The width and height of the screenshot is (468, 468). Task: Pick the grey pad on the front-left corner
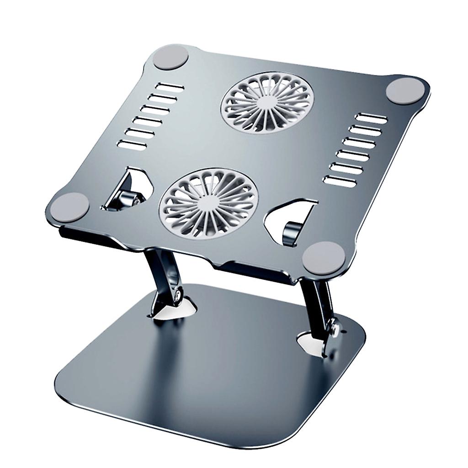(x=69, y=207)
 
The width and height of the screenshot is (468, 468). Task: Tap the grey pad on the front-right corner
(x=323, y=256)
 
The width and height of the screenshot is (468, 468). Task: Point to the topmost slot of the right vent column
(x=372, y=118)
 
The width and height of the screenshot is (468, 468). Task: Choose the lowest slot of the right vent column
(x=339, y=181)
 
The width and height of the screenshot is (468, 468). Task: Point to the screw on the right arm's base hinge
(x=336, y=327)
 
